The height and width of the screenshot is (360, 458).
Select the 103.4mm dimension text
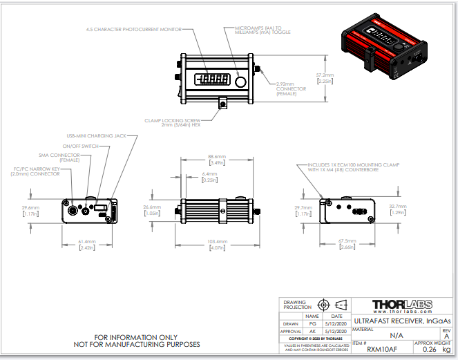point(218,242)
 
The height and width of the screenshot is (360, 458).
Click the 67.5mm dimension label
point(347,241)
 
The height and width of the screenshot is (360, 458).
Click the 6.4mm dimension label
point(209,174)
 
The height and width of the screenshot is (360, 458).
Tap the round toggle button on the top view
point(240,82)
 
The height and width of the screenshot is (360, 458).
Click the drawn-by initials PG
point(312,323)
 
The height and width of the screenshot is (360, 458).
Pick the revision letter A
point(446,335)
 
